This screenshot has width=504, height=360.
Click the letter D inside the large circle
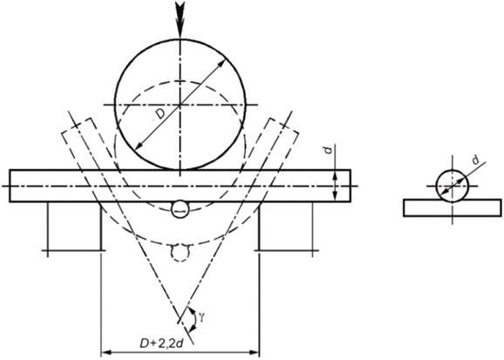coord(160,114)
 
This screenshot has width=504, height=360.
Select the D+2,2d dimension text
coord(161,343)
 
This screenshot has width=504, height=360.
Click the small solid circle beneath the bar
coord(180,209)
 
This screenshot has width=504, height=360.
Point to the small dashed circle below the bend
coord(180,253)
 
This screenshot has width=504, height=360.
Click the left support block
coord(75,227)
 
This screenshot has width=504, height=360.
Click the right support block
coord(286,227)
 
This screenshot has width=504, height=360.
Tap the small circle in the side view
coord(452,187)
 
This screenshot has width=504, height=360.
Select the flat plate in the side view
coord(452,208)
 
